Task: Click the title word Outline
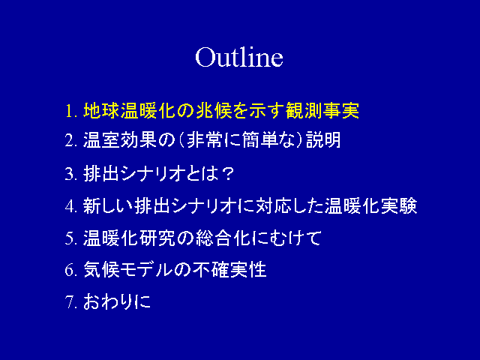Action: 239,57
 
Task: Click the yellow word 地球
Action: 101,110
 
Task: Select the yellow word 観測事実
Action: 322,110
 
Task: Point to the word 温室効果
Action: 120,140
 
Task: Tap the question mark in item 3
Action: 227,173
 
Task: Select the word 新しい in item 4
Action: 108,205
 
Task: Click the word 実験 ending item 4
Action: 399,205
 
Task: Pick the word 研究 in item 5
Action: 157,238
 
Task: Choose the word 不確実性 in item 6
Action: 229,270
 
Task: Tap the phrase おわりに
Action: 117,301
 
